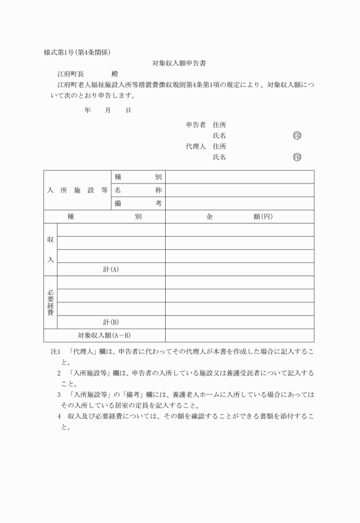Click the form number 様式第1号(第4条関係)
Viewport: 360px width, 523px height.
(77, 53)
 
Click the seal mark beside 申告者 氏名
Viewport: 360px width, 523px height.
(297, 135)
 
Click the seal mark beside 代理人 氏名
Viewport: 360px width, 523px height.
(297, 157)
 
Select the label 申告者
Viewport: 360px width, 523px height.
(195, 125)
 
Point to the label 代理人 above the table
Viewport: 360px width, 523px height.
(195, 146)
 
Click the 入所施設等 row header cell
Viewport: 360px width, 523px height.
(77, 190)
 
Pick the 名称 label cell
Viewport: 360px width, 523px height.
(137, 190)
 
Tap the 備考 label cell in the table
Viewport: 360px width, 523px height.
(137, 203)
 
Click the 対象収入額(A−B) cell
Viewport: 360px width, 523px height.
(104, 336)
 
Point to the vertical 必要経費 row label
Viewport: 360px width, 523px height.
(50, 302)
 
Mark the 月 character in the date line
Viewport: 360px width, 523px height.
(107, 110)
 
